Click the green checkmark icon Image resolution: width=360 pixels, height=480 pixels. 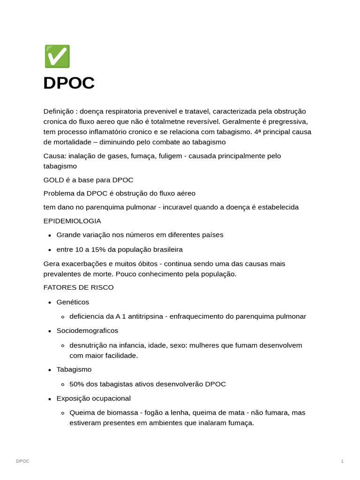[57, 57]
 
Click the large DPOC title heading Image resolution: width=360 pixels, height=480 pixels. [69, 83]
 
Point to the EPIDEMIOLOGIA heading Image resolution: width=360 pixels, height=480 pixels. [72, 221]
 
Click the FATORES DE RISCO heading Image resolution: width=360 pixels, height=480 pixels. [78, 287]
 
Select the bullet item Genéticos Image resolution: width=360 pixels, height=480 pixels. [73, 302]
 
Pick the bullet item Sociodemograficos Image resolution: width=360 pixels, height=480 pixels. [87, 331]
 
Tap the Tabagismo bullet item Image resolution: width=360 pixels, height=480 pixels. [74, 369]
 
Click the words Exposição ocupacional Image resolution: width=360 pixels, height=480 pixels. [93, 398]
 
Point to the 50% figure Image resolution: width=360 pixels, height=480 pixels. [77, 384]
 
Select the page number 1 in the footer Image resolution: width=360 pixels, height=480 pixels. [342, 461]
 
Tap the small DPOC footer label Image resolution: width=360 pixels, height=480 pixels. [22, 461]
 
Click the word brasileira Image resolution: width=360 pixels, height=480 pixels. [166, 249]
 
